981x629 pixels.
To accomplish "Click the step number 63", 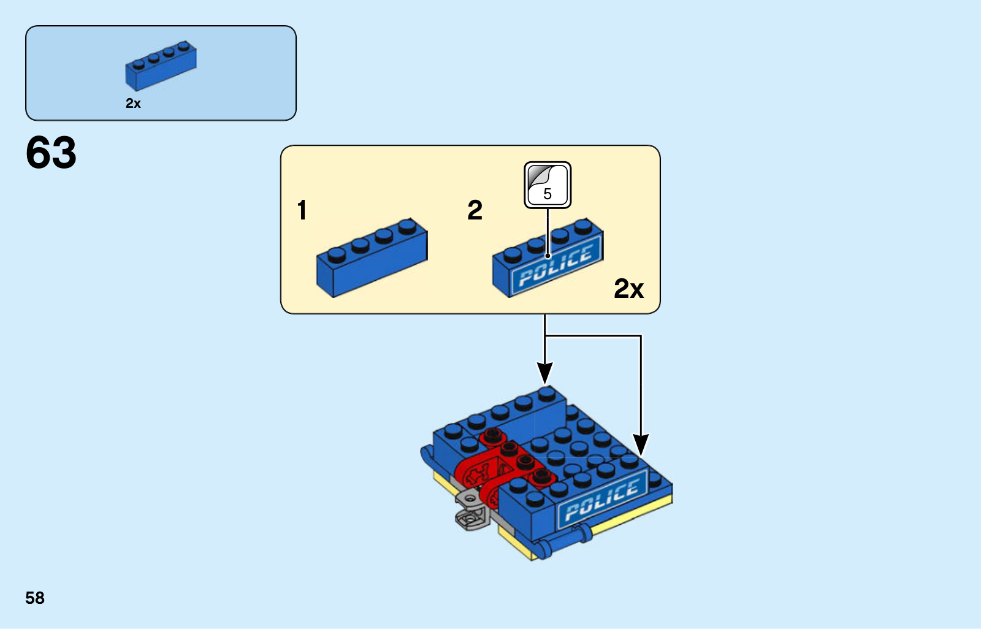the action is coord(51,152).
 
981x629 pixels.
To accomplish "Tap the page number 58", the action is coord(35,598).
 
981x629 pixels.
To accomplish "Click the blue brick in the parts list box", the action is coord(161,66).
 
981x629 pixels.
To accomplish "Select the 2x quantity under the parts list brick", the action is coord(133,104).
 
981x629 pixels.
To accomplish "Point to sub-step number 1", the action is coord(302,210).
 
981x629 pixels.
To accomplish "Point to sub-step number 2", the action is coord(475,210).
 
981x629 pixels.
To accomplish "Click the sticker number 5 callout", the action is coord(548,185).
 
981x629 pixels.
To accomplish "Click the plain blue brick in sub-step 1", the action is coord(372,257).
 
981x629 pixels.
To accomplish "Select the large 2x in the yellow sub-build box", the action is coord(629,288).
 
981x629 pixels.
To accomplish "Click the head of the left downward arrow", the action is coord(545,373).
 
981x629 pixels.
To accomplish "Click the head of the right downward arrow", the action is coord(641,444).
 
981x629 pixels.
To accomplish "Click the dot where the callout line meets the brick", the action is coord(548,256).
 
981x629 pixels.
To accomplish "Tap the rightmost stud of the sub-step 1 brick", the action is coord(407,226).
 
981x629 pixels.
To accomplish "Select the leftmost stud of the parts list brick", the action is coord(139,64).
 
